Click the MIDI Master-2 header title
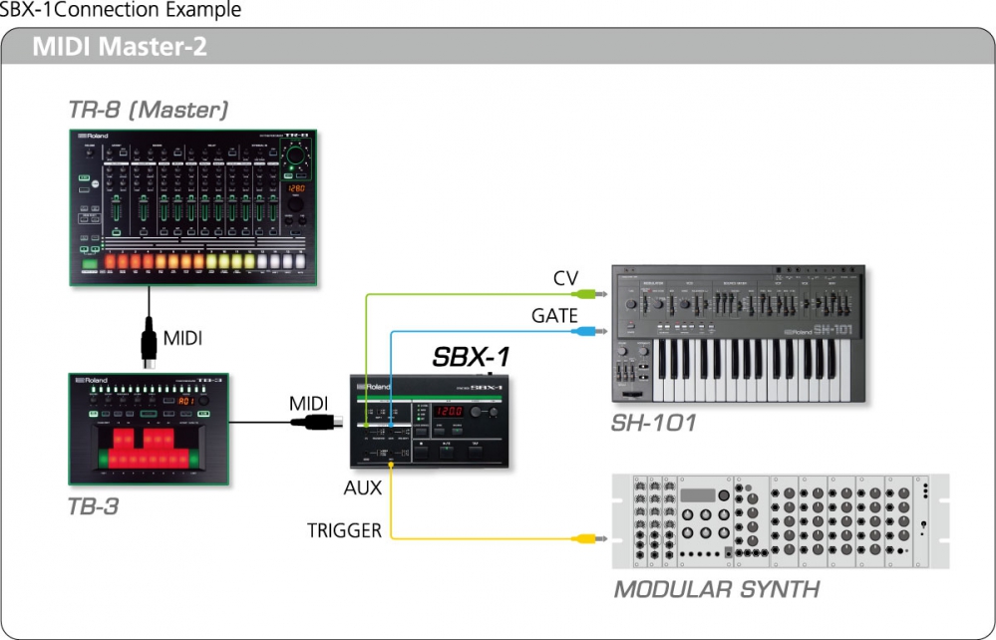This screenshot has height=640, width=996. tap(120, 47)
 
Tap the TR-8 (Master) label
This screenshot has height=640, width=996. tap(148, 110)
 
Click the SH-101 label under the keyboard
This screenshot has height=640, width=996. tap(653, 424)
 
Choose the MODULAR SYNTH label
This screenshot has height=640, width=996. tap(716, 589)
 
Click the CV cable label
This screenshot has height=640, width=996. tap(565, 278)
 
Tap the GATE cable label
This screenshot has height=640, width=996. tap(554, 316)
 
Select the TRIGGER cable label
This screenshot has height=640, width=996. tap(344, 530)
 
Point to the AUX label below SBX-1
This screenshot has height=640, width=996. tap(363, 488)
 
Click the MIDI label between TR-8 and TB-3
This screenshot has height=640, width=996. tap(181, 339)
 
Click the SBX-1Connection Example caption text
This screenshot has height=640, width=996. tap(121, 11)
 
